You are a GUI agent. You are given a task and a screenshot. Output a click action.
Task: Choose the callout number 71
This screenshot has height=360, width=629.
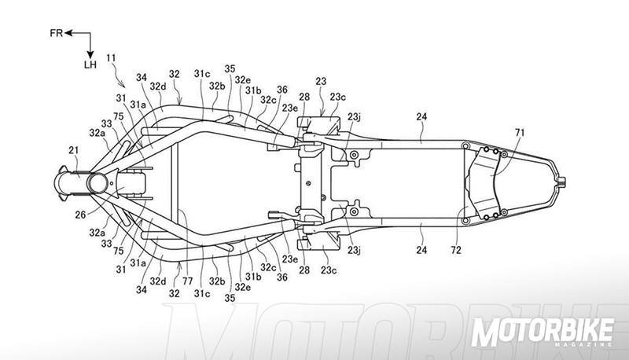518,132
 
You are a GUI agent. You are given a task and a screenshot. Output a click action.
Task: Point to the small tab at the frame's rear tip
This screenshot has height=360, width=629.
562,182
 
